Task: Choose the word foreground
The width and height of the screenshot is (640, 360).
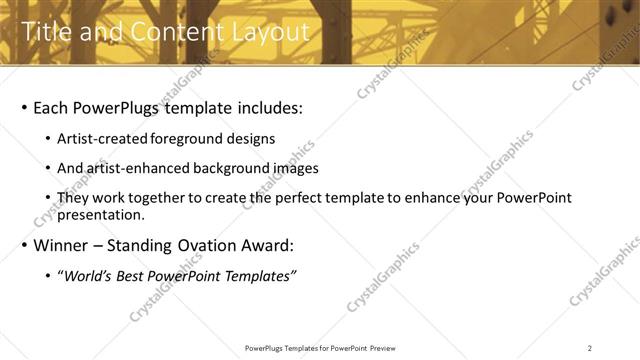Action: point(189,139)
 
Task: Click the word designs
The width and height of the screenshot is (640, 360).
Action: point(250,139)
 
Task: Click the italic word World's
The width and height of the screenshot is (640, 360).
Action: point(89,275)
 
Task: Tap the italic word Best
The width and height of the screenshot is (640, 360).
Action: point(134,275)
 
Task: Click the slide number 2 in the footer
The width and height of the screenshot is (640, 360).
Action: point(590,348)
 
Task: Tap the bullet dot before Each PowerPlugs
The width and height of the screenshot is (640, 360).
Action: point(23,108)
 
